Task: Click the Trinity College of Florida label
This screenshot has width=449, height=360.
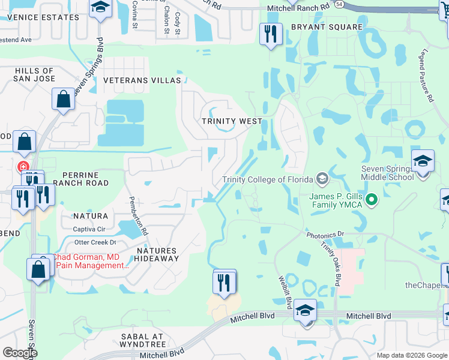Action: click(267, 179)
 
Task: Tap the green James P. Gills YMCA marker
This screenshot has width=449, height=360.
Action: click(372, 200)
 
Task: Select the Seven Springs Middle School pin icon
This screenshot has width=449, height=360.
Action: click(423, 162)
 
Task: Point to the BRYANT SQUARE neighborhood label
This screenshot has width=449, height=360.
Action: click(327, 27)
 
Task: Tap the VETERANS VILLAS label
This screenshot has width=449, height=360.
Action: click(142, 80)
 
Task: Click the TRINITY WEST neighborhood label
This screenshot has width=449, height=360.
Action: click(232, 121)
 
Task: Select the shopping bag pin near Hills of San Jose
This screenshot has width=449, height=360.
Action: click(63, 99)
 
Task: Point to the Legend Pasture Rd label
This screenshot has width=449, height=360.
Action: click(427, 76)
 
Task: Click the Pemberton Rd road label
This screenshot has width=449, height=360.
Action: click(137, 215)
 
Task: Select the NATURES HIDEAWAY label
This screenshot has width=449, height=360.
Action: click(156, 254)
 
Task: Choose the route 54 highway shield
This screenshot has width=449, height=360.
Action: click(340, 4)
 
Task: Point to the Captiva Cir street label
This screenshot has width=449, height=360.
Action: click(89, 229)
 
